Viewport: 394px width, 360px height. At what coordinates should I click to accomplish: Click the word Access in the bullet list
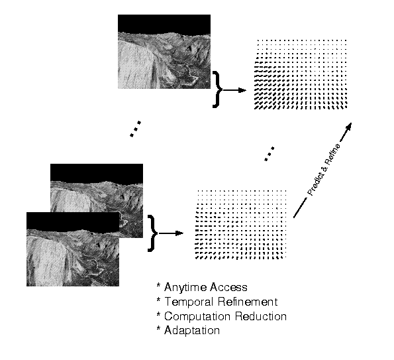click(228, 287)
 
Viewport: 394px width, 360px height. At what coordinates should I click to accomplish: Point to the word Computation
click(197, 316)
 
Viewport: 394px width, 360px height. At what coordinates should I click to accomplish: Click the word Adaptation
click(192, 331)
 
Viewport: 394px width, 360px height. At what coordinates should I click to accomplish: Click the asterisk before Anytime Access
click(158, 285)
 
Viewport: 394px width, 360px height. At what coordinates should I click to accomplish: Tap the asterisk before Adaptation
click(158, 328)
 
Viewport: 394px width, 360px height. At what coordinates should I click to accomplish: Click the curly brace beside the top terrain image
click(217, 90)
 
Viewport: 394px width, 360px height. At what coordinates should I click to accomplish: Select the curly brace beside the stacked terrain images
click(152, 233)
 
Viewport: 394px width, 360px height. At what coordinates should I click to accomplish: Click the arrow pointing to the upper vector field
click(234, 90)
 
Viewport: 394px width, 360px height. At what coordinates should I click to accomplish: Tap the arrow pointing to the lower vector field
click(171, 233)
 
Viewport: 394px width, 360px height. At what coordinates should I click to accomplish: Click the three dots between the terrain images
click(136, 129)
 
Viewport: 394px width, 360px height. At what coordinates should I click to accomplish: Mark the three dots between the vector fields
click(270, 154)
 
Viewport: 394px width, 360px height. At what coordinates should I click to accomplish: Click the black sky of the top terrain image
click(164, 23)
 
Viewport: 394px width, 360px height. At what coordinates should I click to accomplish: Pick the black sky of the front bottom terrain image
click(73, 221)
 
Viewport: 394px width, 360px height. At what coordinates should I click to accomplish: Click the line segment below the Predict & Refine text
click(300, 208)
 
